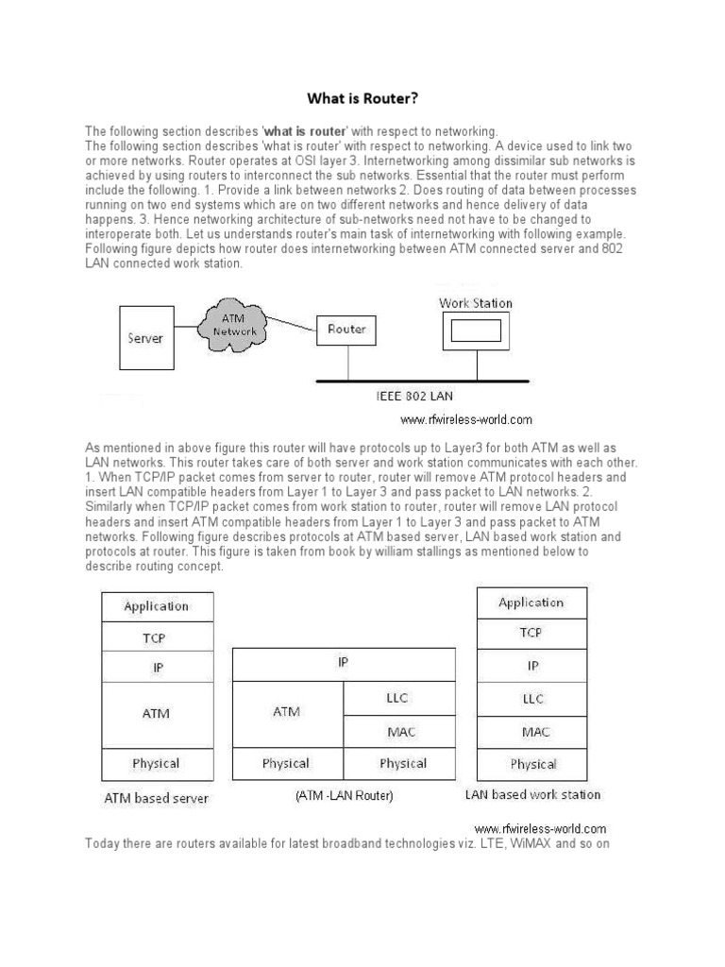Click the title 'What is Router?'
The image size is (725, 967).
pyautogui.click(x=362, y=97)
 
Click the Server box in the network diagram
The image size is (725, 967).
pyautogui.click(x=144, y=337)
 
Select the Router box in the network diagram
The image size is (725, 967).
pyautogui.click(x=346, y=330)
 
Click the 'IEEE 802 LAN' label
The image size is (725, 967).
pyautogui.click(x=415, y=396)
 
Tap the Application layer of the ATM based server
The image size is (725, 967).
pyautogui.click(x=157, y=606)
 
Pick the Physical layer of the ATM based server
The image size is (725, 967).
pyautogui.click(x=157, y=763)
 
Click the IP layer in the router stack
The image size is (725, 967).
pyautogui.click(x=344, y=663)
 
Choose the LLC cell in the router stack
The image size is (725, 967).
pyautogui.click(x=398, y=698)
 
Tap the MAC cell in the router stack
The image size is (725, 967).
pyautogui.click(x=398, y=730)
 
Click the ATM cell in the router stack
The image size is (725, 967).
pyautogui.click(x=287, y=712)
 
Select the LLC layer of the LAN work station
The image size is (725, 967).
pyautogui.click(x=532, y=698)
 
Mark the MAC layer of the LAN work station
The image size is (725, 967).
pyautogui.click(x=532, y=731)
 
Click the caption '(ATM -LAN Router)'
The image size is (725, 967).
pyautogui.click(x=344, y=796)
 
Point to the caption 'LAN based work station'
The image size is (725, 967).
pyautogui.click(x=532, y=794)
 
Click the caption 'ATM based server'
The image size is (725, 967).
pyautogui.click(x=156, y=798)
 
